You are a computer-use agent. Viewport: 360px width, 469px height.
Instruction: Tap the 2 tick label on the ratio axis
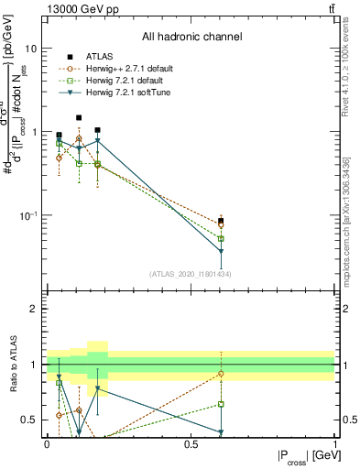coord(36,310)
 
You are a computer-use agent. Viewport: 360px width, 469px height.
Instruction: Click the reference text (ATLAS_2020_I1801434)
coord(191,274)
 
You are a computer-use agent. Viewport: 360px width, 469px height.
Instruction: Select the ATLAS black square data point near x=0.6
coord(221,221)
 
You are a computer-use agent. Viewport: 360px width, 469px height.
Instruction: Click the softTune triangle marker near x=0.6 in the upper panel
coord(221,252)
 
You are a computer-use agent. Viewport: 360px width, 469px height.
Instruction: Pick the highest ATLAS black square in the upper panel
coord(79,117)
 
